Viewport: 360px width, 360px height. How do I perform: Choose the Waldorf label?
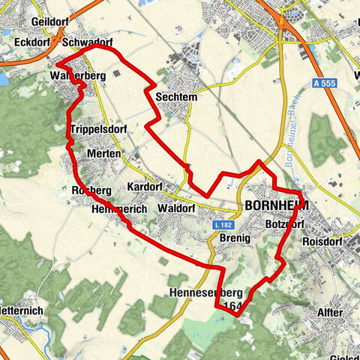tap(178, 208)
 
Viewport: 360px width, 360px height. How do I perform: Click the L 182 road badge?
tap(220, 224)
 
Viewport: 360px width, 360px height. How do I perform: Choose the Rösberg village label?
tap(91, 191)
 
